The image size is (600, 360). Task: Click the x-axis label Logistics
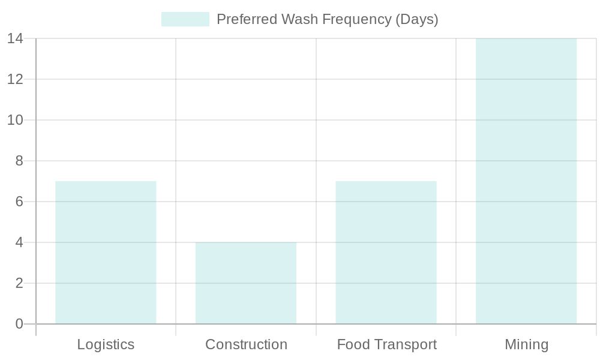pos(106,345)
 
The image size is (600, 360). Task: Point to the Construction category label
pos(246,345)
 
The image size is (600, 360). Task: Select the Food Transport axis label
pos(386,345)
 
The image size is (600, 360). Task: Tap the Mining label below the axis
pos(526,345)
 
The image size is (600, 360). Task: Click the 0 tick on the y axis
pos(19,324)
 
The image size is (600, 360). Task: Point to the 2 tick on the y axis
pos(19,283)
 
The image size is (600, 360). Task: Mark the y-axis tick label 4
pos(19,242)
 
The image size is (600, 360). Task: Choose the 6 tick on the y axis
pos(19,202)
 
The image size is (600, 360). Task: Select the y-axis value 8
pos(19,161)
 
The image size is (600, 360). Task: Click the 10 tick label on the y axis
pos(15,120)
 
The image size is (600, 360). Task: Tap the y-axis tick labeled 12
pos(15,79)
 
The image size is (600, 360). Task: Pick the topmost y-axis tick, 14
pos(15,38)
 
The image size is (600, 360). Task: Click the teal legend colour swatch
pos(185,19)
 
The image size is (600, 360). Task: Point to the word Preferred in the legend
pos(242,19)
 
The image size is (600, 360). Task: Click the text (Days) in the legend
pos(416,19)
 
